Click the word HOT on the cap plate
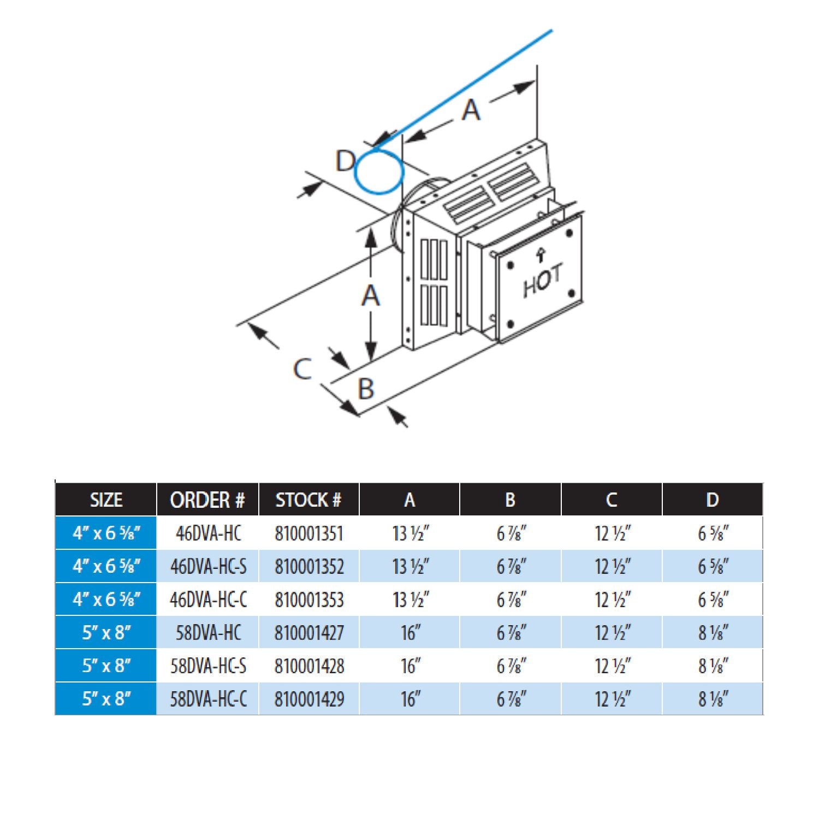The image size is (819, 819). pyautogui.click(x=542, y=281)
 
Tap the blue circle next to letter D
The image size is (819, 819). pyautogui.click(x=379, y=171)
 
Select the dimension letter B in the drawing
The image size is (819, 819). pyautogui.click(x=366, y=389)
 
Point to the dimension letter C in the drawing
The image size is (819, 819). pyautogui.click(x=302, y=369)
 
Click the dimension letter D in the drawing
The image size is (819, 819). pyautogui.click(x=345, y=161)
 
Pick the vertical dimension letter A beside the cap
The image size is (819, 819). pyautogui.click(x=371, y=296)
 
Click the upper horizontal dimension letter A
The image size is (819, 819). pyautogui.click(x=471, y=110)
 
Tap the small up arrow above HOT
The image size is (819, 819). pyautogui.click(x=541, y=254)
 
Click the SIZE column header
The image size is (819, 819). pyautogui.click(x=106, y=500)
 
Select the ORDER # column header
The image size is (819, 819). pyautogui.click(x=207, y=500)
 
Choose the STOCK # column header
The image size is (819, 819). pyautogui.click(x=308, y=500)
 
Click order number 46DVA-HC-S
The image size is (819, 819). pyautogui.click(x=208, y=566)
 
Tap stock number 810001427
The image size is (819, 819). pyautogui.click(x=309, y=633)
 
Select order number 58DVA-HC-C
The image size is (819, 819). pyautogui.click(x=208, y=699)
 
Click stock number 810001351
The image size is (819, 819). pyautogui.click(x=309, y=533)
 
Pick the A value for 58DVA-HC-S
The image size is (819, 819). pyautogui.click(x=411, y=666)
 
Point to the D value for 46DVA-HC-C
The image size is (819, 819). pyautogui.click(x=713, y=600)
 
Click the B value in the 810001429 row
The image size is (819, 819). pyautogui.click(x=511, y=699)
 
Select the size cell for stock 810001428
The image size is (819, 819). pyautogui.click(x=106, y=666)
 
